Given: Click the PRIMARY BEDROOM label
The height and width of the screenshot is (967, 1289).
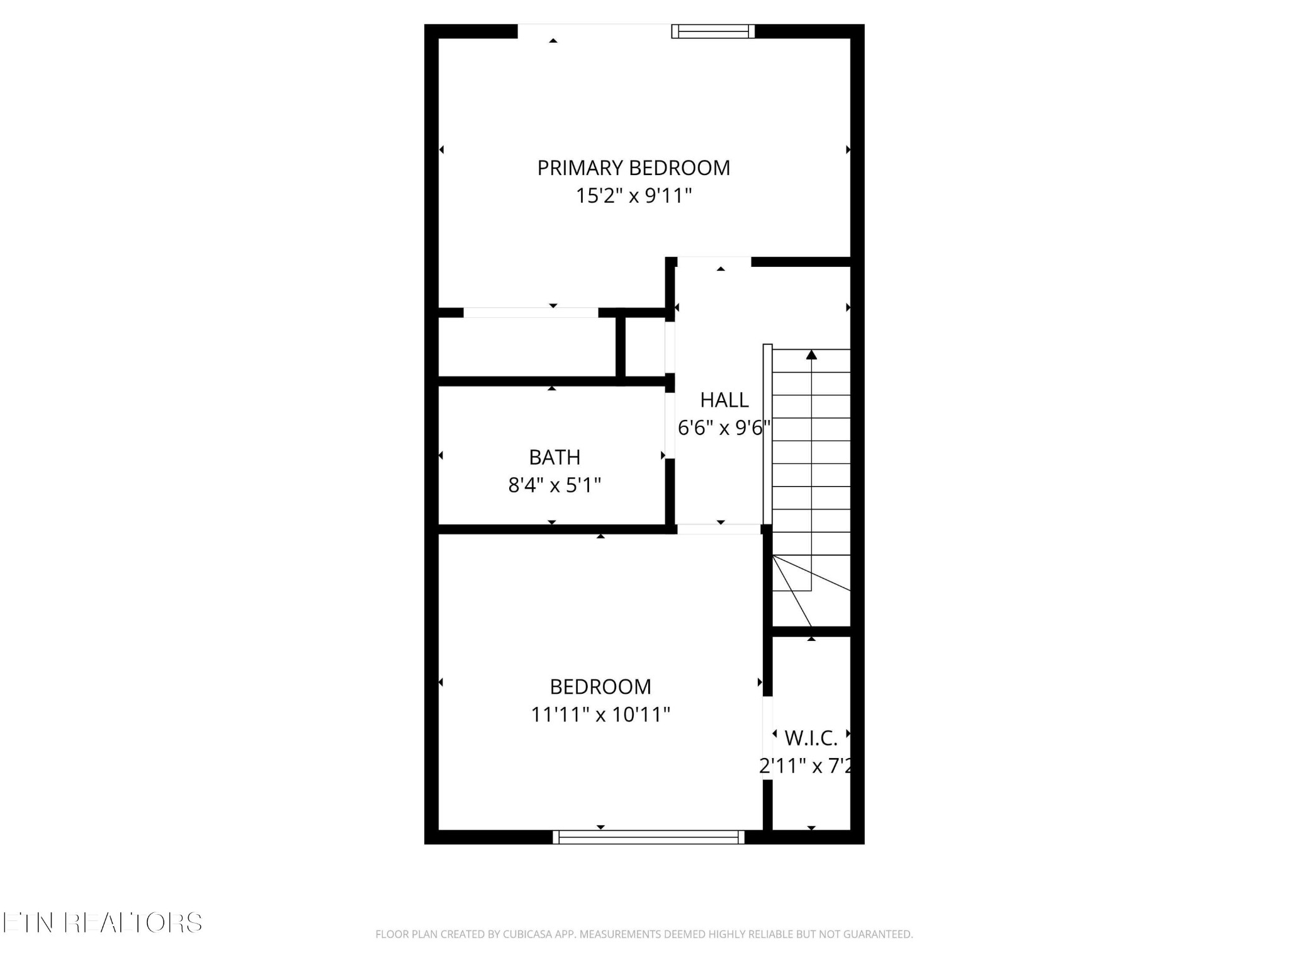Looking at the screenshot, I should click(x=633, y=168).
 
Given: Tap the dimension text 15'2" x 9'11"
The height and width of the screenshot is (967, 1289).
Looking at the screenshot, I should click(x=633, y=196).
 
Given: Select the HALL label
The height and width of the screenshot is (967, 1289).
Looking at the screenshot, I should click(x=724, y=400).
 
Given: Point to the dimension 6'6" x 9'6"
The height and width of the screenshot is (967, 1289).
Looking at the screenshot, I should click(x=724, y=428).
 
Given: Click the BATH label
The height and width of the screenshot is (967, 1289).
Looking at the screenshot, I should click(x=554, y=457).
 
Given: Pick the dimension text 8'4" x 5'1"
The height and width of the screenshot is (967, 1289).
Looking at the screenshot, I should click(x=554, y=485).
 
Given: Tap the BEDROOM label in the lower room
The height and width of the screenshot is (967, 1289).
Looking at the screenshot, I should click(x=600, y=686).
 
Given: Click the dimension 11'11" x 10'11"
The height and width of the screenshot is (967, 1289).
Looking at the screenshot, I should click(x=600, y=715).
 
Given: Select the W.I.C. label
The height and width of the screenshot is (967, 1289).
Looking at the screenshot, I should click(x=811, y=737).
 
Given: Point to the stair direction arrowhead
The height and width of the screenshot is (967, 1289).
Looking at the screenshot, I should click(x=811, y=355).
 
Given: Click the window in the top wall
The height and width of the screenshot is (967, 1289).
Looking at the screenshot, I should click(x=713, y=31).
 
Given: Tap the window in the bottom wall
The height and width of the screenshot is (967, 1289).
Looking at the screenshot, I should click(x=648, y=837).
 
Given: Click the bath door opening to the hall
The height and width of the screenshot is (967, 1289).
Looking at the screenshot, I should click(x=670, y=426).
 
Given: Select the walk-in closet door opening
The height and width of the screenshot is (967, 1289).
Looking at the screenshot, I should click(x=767, y=738).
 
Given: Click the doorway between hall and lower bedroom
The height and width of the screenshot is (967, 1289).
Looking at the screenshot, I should click(x=719, y=529).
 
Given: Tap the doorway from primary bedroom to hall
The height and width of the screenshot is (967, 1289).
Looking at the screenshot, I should click(x=714, y=261).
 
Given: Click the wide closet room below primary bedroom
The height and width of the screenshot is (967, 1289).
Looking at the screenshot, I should click(x=526, y=347).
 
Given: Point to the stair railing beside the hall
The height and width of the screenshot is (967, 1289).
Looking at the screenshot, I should click(x=767, y=434).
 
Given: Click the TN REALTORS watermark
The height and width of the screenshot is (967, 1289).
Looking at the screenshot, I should click(x=102, y=923).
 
